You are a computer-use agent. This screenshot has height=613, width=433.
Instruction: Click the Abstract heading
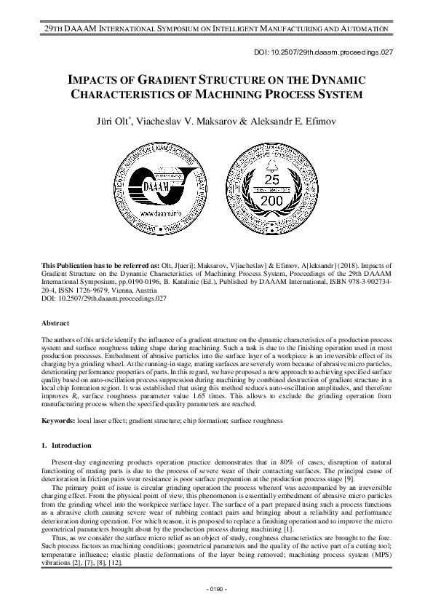tap(55, 323)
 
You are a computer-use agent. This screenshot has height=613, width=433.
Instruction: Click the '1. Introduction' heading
tap(66, 445)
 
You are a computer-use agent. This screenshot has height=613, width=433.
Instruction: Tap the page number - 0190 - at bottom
tap(216, 587)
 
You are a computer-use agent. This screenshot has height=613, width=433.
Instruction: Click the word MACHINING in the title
tap(259, 94)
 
